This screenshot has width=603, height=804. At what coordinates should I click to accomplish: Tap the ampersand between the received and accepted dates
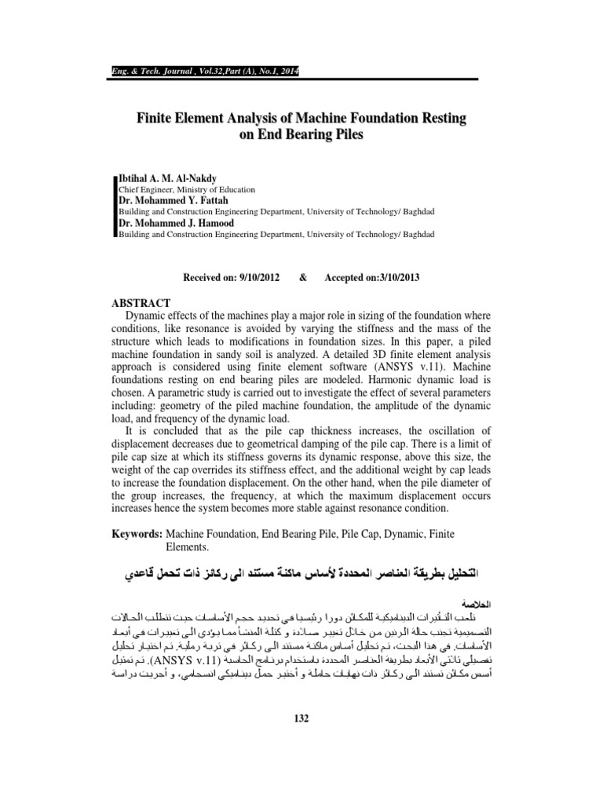pyautogui.click(x=302, y=276)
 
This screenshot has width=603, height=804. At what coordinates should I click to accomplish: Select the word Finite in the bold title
pyautogui.click(x=158, y=119)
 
